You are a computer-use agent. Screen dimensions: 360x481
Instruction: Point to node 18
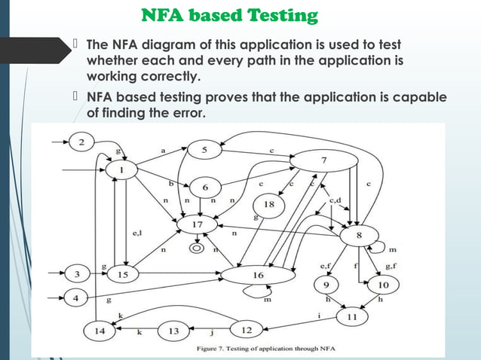(x=270, y=205)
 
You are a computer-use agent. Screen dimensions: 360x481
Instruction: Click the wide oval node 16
(x=258, y=276)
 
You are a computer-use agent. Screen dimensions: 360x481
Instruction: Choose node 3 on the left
(x=75, y=274)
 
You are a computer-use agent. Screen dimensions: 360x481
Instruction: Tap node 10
(x=383, y=285)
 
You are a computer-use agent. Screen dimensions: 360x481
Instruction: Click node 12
(x=245, y=329)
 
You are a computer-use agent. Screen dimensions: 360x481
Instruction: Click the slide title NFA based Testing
(x=229, y=15)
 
